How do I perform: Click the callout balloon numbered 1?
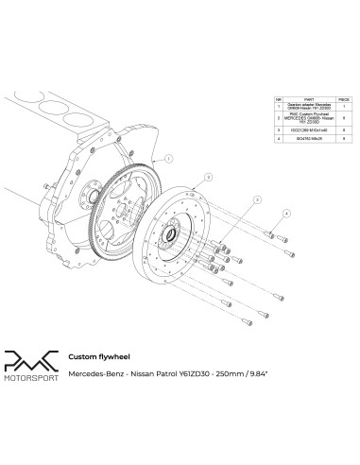[167, 160]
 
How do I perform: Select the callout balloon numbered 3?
[255, 199]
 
